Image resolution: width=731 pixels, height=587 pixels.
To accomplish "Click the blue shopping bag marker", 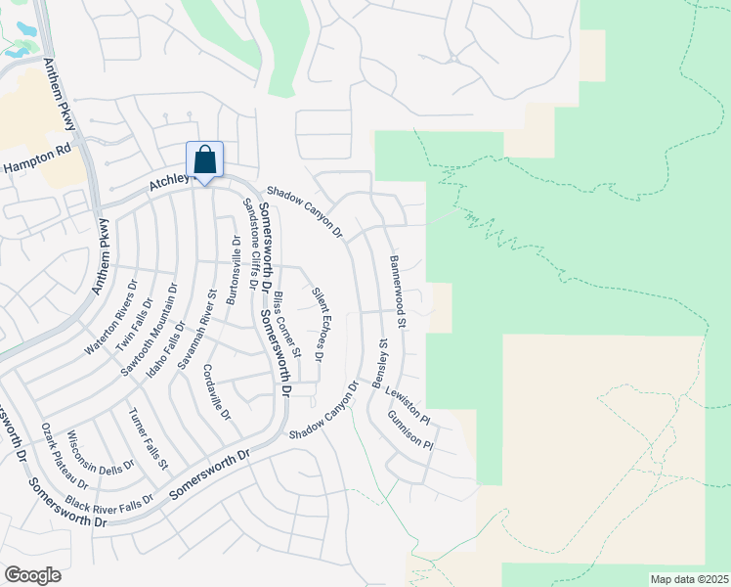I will click(205, 159).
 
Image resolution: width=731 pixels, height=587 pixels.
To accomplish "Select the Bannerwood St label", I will click(398, 292).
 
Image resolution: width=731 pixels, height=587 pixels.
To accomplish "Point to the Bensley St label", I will click(384, 364).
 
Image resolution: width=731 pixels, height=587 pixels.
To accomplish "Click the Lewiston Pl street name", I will click(409, 404).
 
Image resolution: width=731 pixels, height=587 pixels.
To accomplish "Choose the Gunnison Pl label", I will click(409, 430).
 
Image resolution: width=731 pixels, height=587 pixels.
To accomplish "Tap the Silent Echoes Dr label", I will click(319, 324).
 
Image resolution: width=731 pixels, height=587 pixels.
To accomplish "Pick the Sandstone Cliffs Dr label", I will click(250, 244).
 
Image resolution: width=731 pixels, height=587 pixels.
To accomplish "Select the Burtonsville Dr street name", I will click(233, 271).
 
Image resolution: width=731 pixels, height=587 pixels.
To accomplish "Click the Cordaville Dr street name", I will click(216, 392).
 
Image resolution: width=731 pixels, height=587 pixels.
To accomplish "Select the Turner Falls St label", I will click(149, 437).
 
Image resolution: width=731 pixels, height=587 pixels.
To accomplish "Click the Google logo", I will click(32, 574).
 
